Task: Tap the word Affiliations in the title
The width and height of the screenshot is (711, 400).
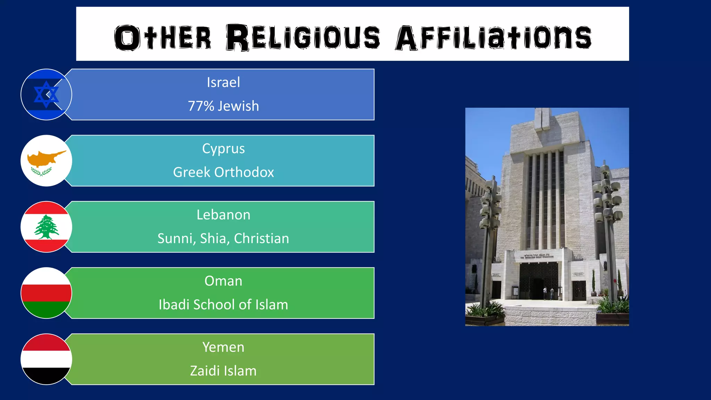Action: (x=493, y=37)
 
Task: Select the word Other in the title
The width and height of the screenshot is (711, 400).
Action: (x=162, y=37)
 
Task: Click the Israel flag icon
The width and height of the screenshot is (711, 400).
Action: (x=46, y=94)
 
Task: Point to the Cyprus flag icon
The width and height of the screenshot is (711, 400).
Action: (x=46, y=161)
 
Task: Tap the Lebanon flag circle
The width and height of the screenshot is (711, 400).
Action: (x=46, y=227)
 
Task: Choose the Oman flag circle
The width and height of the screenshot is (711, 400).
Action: (x=46, y=293)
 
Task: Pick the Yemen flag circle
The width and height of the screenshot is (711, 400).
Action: (x=46, y=359)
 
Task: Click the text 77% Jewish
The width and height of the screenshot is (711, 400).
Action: (x=223, y=106)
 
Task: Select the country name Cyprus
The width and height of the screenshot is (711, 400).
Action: (x=223, y=149)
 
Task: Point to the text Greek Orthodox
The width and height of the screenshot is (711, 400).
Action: (x=223, y=172)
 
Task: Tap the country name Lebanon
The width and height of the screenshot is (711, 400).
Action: (x=223, y=215)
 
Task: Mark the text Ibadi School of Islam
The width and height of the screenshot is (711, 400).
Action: (x=223, y=305)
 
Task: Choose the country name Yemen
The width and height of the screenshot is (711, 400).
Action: (x=223, y=347)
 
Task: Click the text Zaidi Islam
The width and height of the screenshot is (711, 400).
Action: (x=223, y=371)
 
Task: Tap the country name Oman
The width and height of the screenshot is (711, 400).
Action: (x=223, y=281)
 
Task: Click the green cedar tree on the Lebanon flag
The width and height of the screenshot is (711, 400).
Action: (x=46, y=227)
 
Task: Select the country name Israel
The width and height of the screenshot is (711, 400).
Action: (x=223, y=83)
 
